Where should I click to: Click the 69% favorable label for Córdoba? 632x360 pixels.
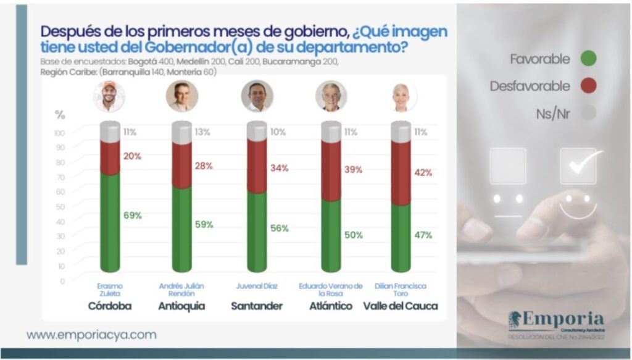(x=133, y=216)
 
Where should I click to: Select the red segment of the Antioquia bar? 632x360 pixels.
(x=181, y=165)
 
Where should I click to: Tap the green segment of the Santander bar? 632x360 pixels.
(x=257, y=232)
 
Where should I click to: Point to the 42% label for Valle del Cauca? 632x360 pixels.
(x=422, y=173)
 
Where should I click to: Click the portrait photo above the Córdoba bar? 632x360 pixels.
(x=109, y=96)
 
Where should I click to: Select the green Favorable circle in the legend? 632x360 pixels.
(x=588, y=59)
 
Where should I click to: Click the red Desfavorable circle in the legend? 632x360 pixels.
(x=588, y=86)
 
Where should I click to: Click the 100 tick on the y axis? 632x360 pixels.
(x=59, y=133)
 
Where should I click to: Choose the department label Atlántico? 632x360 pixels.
(x=331, y=306)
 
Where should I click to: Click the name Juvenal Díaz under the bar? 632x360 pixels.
(x=257, y=287)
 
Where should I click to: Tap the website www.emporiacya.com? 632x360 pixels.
(x=91, y=335)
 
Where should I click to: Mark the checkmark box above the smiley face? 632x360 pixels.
(x=578, y=165)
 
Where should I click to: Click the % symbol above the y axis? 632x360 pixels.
(x=60, y=114)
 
